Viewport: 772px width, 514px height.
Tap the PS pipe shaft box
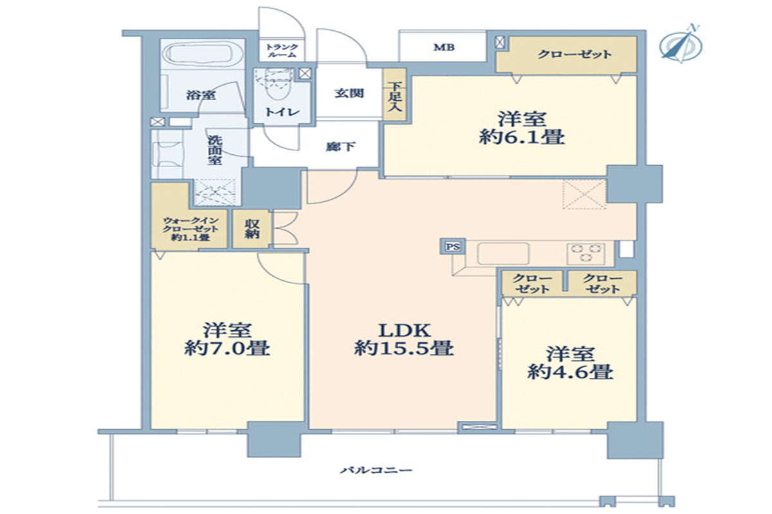click(x=452, y=247)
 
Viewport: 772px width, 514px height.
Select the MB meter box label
click(x=444, y=47)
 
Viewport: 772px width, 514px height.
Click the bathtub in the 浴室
click(x=203, y=54)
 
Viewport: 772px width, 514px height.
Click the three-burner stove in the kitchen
click(x=586, y=253)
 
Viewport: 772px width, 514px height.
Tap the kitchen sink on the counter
click(x=503, y=254)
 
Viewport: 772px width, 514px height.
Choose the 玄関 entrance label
click(x=349, y=93)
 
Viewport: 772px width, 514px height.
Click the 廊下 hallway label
click(x=340, y=146)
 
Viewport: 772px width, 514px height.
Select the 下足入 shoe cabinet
click(x=394, y=94)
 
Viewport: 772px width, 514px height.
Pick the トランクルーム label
click(x=282, y=51)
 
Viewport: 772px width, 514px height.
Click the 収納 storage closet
click(x=252, y=229)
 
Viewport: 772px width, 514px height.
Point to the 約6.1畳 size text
click(x=522, y=137)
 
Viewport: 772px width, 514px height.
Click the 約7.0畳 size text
click(x=227, y=348)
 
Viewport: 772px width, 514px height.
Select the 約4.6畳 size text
click(x=570, y=372)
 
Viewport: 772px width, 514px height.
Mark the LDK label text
click(x=404, y=330)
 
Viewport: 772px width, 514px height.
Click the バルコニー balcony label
click(x=376, y=470)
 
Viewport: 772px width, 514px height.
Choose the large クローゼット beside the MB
click(x=566, y=55)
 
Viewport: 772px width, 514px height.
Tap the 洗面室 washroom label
click(x=215, y=150)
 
